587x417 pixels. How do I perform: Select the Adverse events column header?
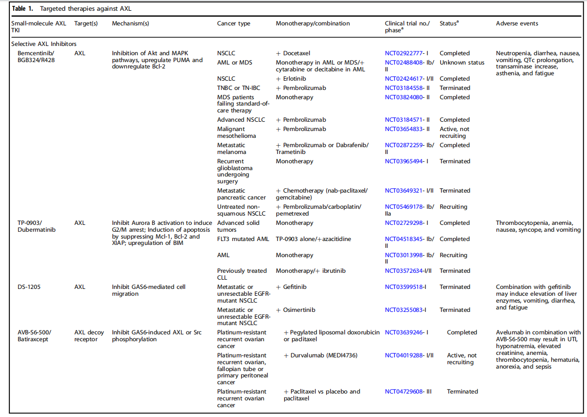[x=517, y=23]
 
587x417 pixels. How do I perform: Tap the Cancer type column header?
[x=233, y=23]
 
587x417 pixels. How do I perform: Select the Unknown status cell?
[x=462, y=63]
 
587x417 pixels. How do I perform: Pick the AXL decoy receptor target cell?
[x=89, y=336]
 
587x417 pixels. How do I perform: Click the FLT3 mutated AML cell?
[x=243, y=239]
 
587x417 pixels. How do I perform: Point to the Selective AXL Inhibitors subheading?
[x=44, y=44]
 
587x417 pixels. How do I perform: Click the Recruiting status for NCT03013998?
[x=453, y=255]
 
